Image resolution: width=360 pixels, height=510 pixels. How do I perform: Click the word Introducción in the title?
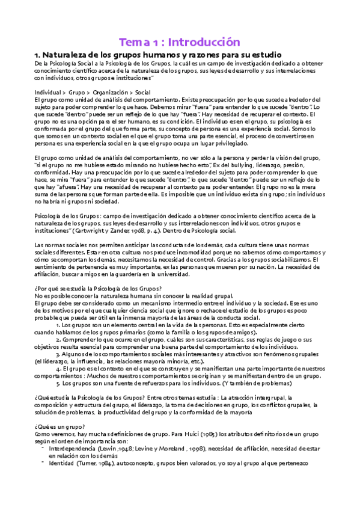click(204, 42)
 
